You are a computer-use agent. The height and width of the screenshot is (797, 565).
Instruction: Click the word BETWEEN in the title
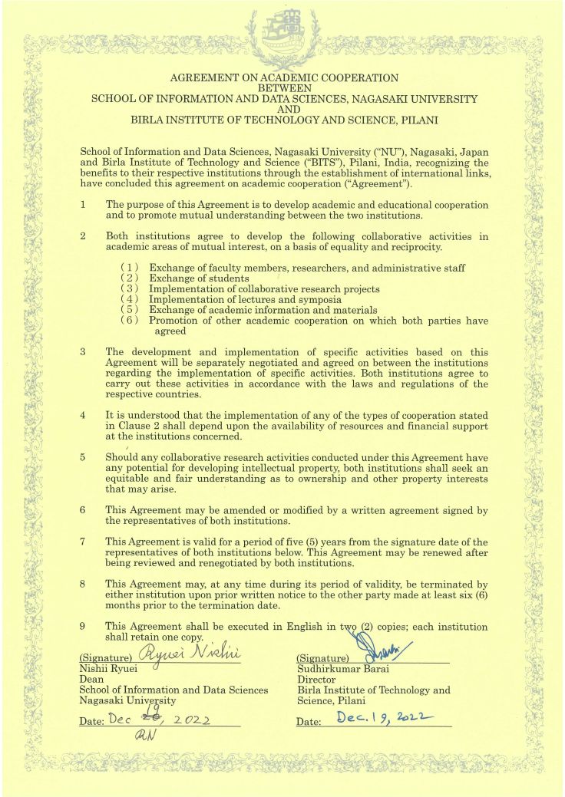tap(284, 88)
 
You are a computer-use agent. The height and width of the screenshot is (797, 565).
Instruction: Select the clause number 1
tap(83, 205)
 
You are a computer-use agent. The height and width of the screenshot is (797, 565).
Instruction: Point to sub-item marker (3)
tap(130, 288)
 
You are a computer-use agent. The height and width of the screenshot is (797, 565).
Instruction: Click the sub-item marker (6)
tap(130, 321)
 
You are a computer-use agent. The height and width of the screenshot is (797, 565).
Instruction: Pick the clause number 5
tap(83, 458)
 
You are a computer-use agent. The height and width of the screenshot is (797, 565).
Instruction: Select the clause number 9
tap(83, 627)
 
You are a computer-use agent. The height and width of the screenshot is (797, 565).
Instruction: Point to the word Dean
tap(91, 680)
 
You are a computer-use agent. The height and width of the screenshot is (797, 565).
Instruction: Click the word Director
tap(316, 680)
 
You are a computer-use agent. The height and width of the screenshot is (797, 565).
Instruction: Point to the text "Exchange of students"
tap(199, 278)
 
